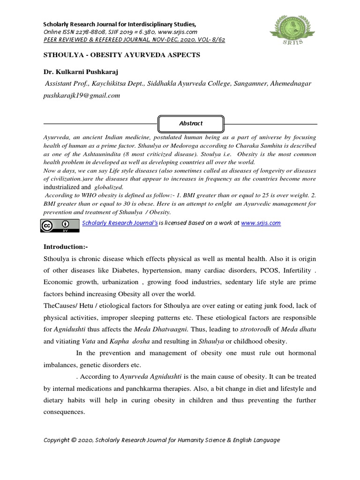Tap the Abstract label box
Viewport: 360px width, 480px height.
(191, 123)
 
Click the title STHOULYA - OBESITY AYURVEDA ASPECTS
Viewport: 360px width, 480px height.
(121, 55)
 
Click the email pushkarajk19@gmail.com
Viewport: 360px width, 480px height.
(82, 95)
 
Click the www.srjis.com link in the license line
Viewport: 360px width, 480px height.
(261, 223)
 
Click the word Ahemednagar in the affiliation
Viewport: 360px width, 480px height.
(287, 83)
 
